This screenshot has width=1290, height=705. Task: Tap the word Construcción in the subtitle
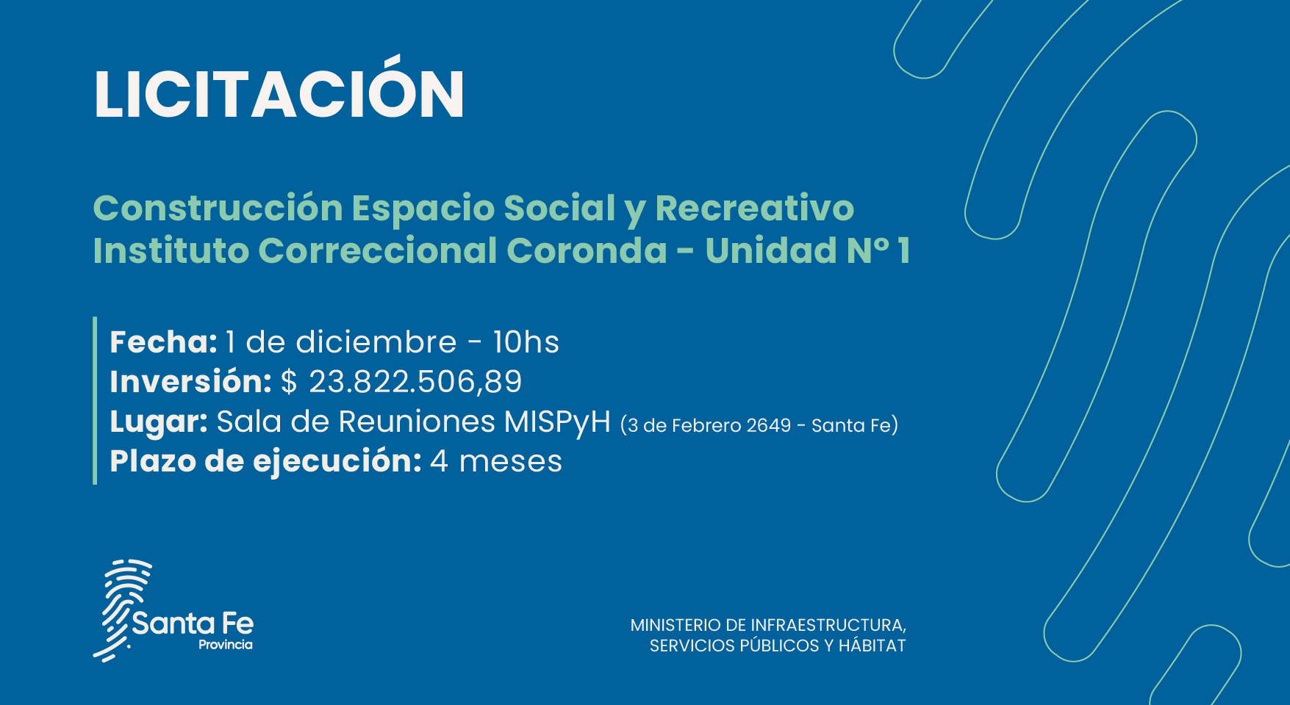218,207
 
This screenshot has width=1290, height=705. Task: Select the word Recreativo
755,208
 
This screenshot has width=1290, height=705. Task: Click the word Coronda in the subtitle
587,250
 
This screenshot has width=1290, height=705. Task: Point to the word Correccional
378,250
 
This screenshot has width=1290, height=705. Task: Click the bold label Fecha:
163,342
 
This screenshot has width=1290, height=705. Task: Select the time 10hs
526,342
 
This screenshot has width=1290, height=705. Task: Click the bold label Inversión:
190,382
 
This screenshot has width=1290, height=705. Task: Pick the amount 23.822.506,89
415,382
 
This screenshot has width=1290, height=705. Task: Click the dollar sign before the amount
289,382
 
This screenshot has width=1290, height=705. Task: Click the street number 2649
768,425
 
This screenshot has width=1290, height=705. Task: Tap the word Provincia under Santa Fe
226,645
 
